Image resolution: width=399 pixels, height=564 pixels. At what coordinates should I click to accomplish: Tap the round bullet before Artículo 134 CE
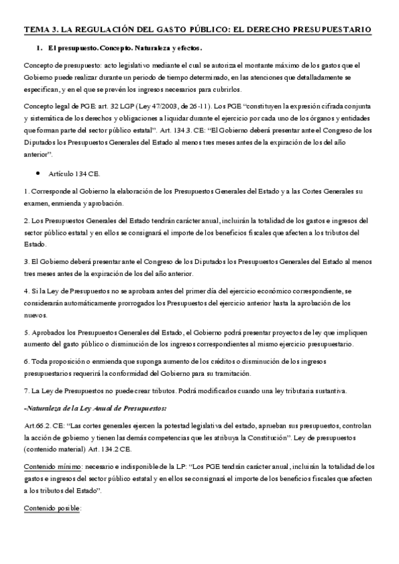point(39,173)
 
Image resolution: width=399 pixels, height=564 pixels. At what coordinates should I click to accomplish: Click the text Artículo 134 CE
point(75,174)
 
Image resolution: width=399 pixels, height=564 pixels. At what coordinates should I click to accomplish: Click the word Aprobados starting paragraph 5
point(46,333)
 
